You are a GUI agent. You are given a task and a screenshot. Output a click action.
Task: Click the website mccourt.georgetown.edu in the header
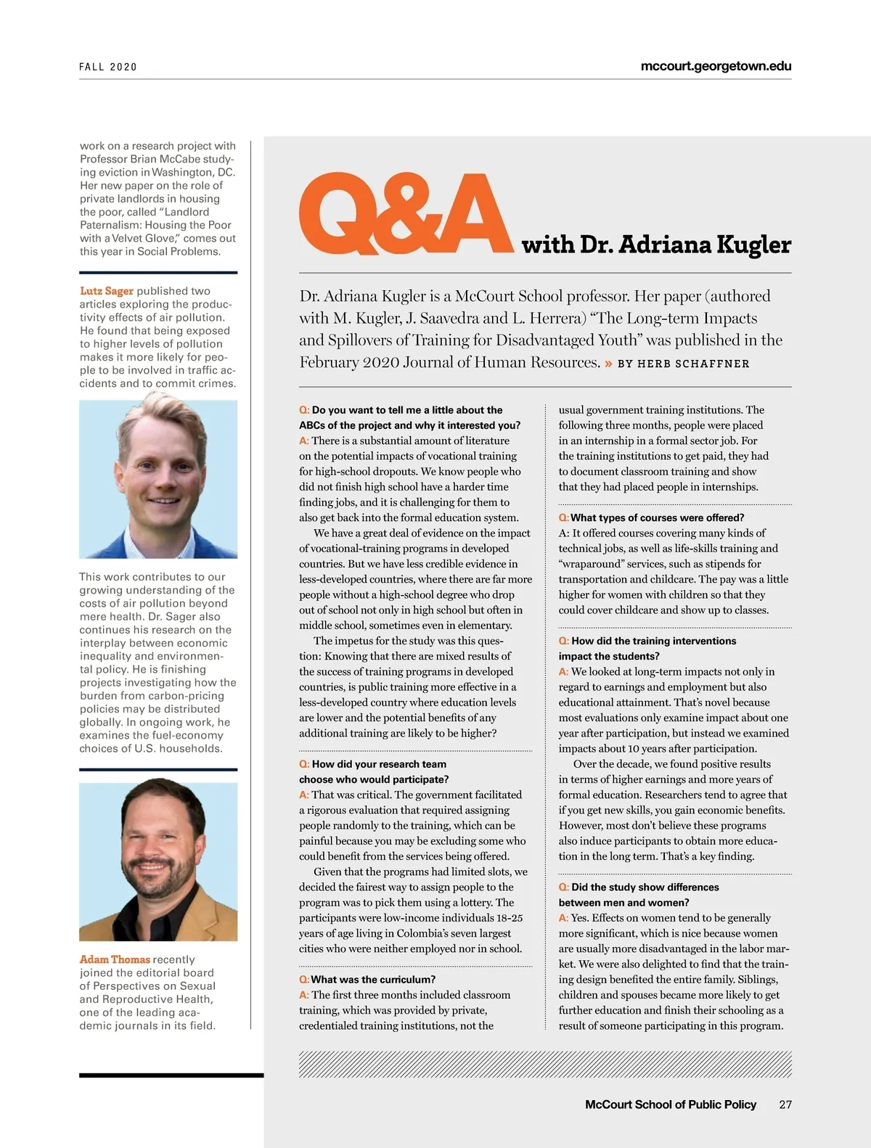point(716,66)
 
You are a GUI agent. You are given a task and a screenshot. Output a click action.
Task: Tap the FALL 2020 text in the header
point(108,67)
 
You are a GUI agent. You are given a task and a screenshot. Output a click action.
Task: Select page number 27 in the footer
point(785,1104)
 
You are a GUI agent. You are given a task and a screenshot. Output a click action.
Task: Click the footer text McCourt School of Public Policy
point(670,1104)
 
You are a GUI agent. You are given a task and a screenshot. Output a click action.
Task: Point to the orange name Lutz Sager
point(107,291)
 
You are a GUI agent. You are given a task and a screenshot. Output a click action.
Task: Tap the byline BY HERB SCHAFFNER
point(683,364)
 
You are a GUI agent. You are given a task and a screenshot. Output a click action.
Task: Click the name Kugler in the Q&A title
point(753,245)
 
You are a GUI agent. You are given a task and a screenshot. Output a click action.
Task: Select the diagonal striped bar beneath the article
point(544,1064)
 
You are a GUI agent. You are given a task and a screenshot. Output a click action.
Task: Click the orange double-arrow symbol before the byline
point(608,364)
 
